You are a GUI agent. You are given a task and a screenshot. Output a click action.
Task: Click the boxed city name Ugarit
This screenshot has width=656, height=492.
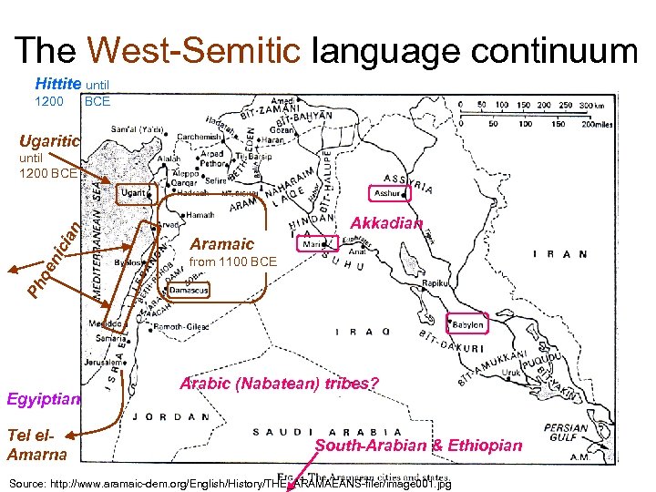coord(133,193)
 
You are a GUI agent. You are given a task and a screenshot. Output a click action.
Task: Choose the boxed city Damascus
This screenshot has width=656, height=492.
coord(190,290)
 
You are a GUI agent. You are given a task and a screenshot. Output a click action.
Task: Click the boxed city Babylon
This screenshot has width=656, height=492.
coord(466,325)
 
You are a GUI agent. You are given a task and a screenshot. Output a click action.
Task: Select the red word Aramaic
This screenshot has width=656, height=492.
coord(222,244)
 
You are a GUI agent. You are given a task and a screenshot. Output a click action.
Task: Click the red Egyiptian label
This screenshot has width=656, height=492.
coord(44,399)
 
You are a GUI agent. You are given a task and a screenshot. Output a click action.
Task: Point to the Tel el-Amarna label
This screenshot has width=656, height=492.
coord(36,445)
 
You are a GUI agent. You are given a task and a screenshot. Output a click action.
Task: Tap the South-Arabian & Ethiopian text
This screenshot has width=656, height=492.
coord(418,446)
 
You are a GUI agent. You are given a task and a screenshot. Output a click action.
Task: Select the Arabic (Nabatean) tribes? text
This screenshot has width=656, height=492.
coord(279,384)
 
